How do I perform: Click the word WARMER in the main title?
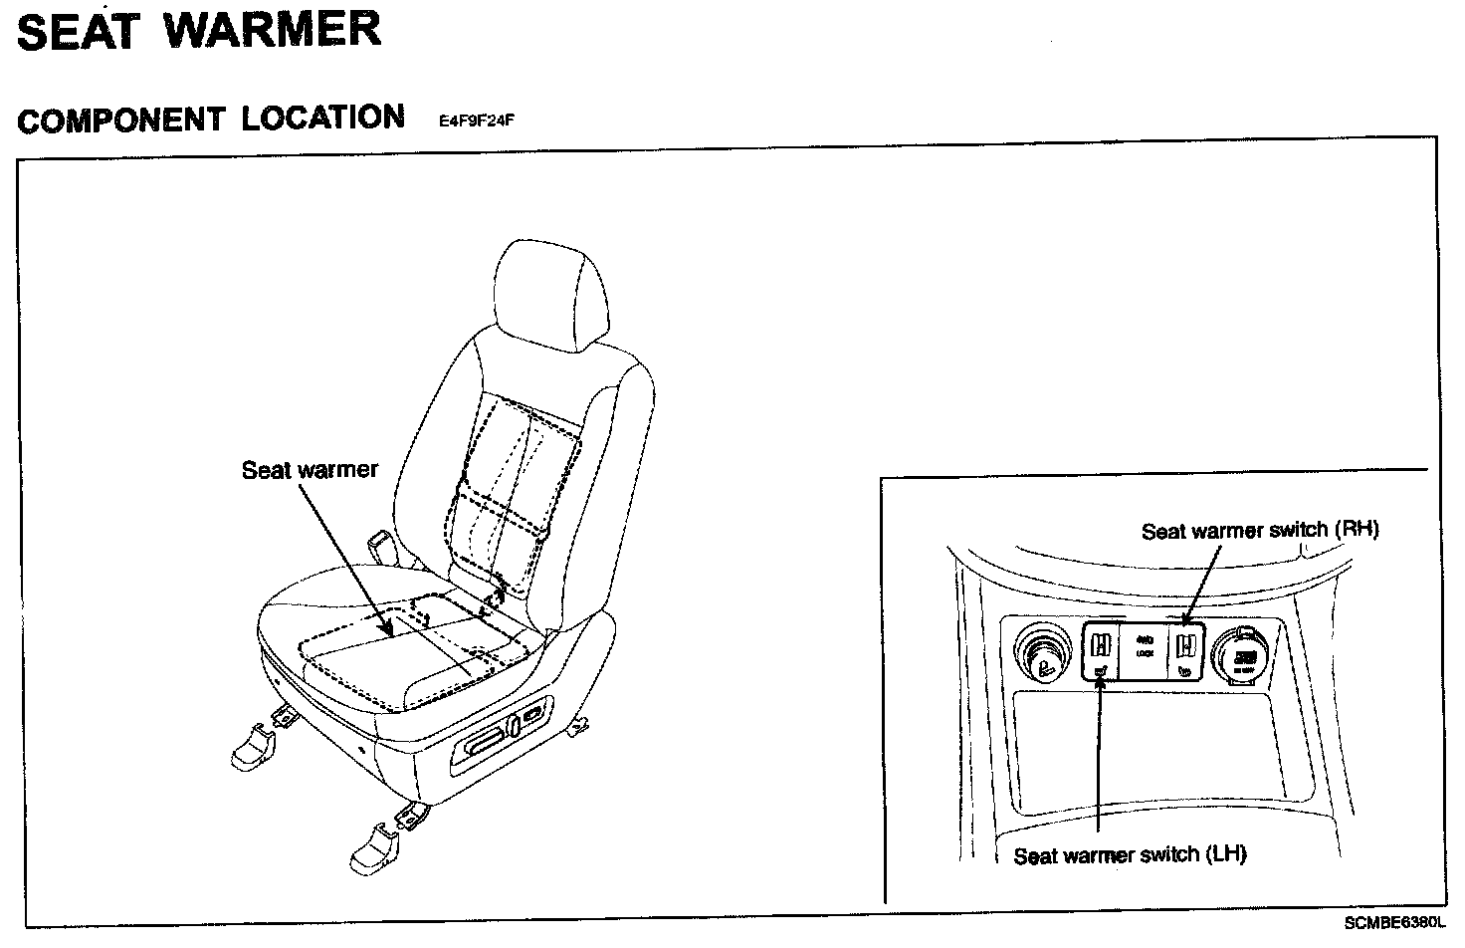pos(272,30)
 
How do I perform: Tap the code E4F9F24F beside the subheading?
pos(476,122)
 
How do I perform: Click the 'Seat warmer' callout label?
pos(310,470)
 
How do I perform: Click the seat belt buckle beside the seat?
pos(379,547)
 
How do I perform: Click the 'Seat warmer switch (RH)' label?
pos(1260,531)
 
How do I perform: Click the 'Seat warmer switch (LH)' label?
pos(1130,854)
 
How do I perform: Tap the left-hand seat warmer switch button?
pos(1101,652)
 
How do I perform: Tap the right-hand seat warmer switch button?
pos(1184,652)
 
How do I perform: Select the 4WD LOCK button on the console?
pos(1144,648)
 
